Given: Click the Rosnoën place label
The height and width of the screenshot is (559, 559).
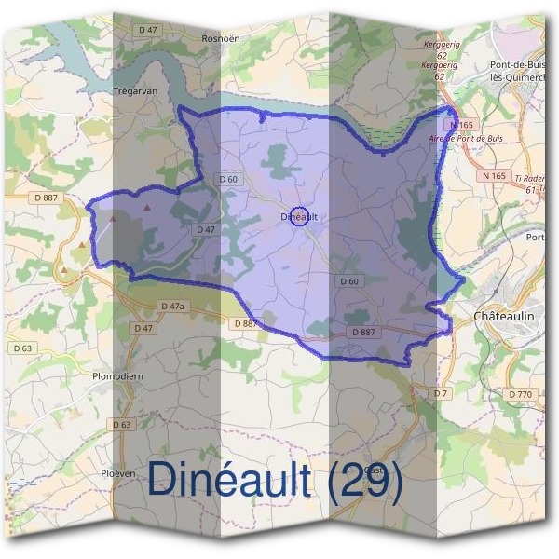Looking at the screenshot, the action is point(221,39).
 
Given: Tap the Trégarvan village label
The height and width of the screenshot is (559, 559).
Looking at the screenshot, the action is point(132,91).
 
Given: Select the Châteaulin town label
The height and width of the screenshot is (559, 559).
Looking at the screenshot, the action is point(504,317).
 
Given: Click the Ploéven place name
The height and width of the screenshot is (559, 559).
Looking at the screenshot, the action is point(118,473).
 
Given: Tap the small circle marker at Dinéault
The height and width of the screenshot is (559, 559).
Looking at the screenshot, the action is point(298,216).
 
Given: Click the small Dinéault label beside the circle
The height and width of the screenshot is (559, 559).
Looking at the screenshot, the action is point(298,217).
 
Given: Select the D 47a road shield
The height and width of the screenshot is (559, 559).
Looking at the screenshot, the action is point(173,307).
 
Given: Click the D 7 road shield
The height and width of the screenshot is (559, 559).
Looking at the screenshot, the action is point(441,394).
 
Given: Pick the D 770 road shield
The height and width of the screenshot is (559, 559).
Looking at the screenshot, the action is point(520,395).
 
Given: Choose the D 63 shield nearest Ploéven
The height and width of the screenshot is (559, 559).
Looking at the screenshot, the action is point(122,425).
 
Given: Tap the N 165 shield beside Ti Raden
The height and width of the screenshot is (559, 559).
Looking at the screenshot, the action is point(494,175).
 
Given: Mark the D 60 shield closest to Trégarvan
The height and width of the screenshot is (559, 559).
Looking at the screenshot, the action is point(228,179).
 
